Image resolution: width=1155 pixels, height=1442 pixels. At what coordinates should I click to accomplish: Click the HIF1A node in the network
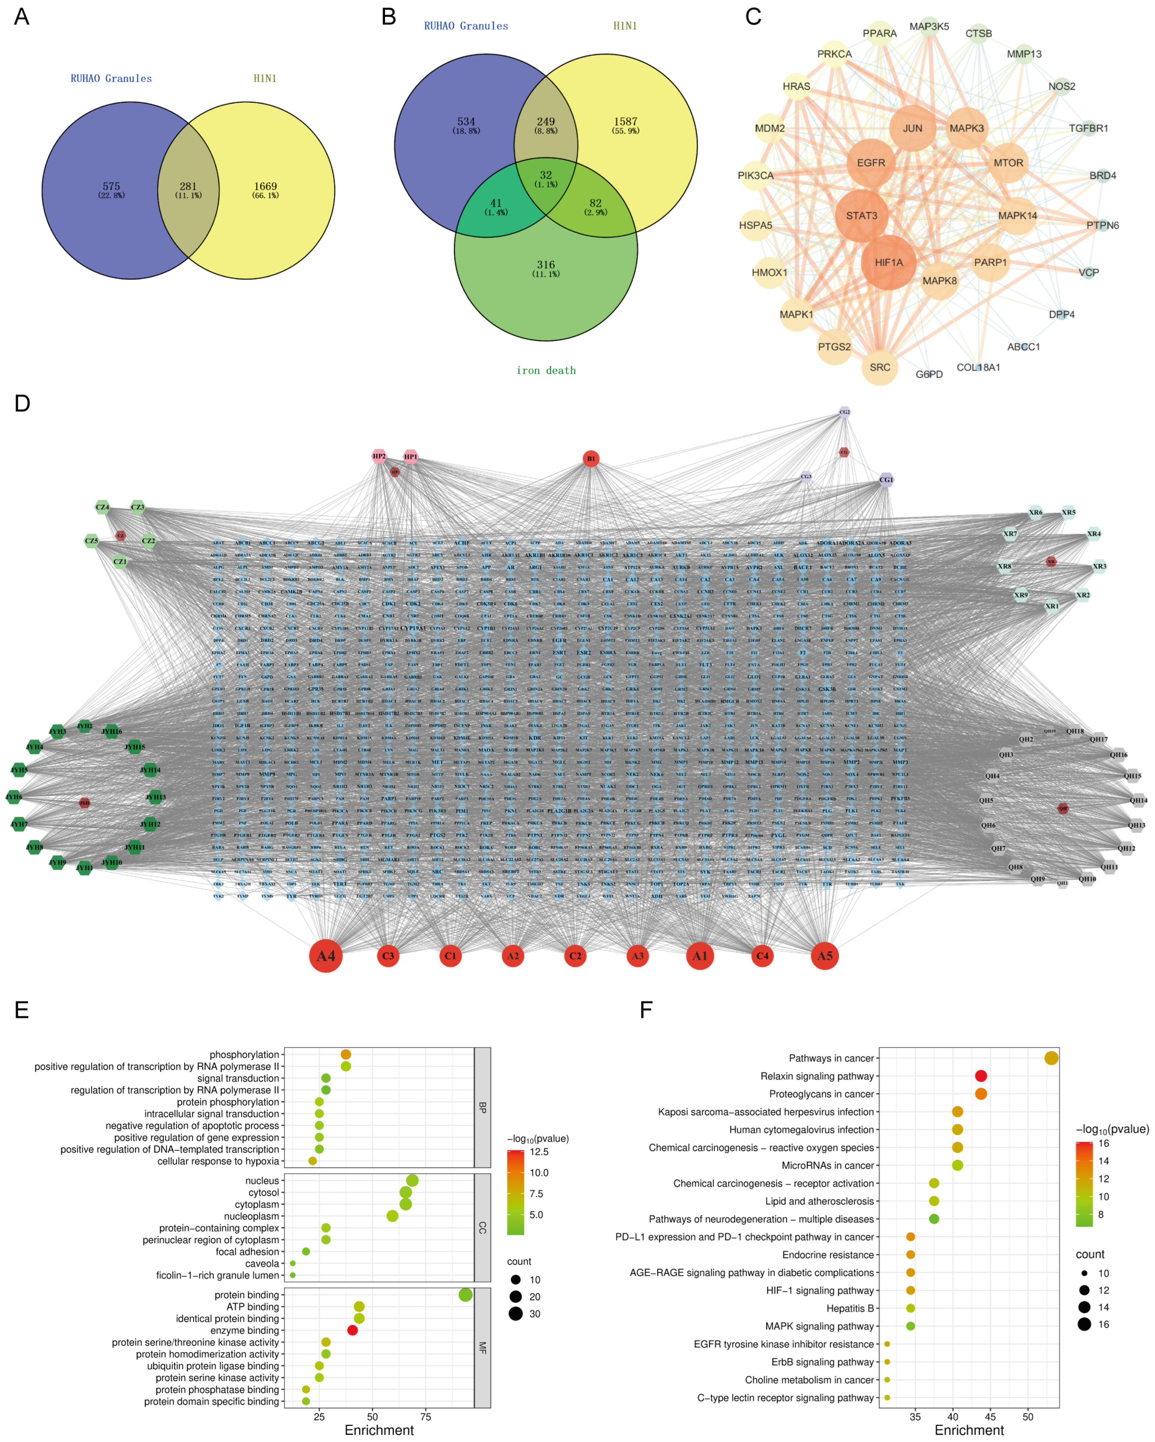point(888,262)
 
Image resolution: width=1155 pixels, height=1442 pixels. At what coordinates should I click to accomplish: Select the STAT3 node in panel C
point(862,215)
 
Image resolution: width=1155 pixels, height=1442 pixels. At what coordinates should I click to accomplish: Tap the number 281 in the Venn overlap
point(188,187)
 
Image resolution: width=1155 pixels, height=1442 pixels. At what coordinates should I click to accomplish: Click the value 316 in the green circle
point(546,265)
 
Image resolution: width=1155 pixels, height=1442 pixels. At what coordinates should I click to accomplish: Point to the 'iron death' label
point(546,370)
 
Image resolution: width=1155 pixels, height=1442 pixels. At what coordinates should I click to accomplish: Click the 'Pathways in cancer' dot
point(1051,1058)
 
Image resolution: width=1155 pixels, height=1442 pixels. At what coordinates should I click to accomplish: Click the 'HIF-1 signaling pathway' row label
point(820,1290)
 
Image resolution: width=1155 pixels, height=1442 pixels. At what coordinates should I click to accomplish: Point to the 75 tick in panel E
point(426,1417)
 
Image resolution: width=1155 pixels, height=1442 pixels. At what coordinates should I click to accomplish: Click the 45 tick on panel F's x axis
point(990,1417)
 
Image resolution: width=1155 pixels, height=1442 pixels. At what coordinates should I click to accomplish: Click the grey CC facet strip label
point(482,1227)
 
